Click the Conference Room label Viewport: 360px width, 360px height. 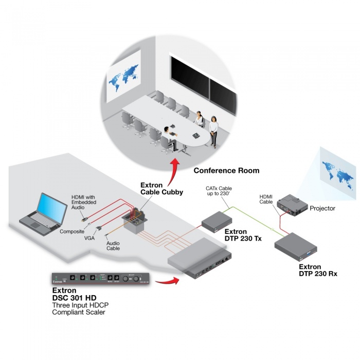pyautogui.click(x=226, y=170)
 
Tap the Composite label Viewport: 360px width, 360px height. pyautogui.click(x=71, y=231)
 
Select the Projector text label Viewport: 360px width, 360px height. pyautogui.click(x=322, y=208)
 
